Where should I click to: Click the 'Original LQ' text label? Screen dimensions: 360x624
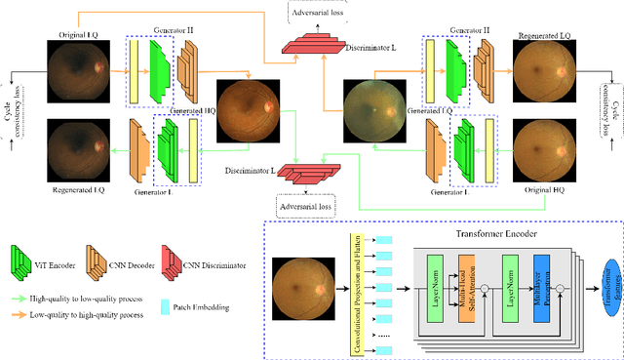(79, 34)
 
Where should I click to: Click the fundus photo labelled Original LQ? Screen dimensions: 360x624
(79, 71)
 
